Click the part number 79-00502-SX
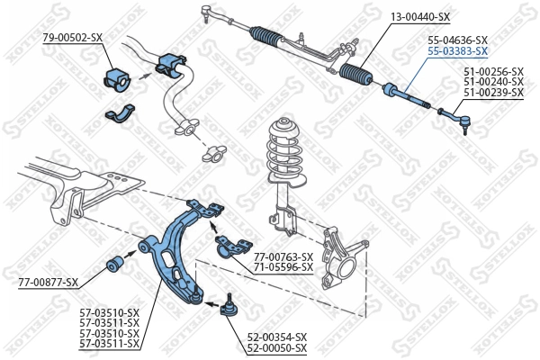(73, 37)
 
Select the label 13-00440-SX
(419, 17)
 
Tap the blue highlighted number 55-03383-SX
(457, 52)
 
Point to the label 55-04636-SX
(457, 40)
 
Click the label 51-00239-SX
(493, 92)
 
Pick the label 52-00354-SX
(276, 337)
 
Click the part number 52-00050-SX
(276, 347)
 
